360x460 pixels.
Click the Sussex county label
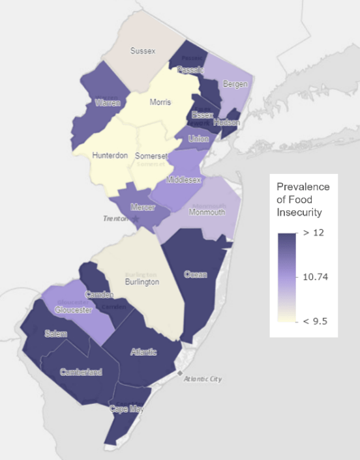click(x=143, y=51)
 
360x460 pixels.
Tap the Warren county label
click(x=107, y=103)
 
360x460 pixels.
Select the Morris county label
click(x=160, y=103)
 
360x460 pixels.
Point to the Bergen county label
click(x=235, y=84)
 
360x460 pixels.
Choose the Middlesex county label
click(x=185, y=179)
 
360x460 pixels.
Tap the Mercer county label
click(x=143, y=208)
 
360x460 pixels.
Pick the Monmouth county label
click(x=207, y=212)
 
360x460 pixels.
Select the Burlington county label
click(x=142, y=282)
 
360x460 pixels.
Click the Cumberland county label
click(x=81, y=372)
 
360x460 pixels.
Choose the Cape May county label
click(x=127, y=409)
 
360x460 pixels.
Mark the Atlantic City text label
click(x=203, y=379)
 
